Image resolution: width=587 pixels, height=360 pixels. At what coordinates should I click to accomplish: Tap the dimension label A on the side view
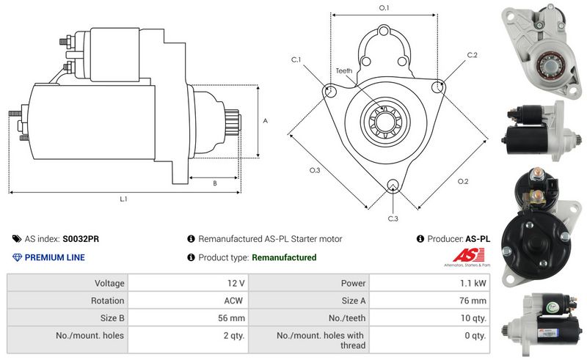(x=265, y=121)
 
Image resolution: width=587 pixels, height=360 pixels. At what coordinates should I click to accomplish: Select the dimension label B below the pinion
(x=214, y=183)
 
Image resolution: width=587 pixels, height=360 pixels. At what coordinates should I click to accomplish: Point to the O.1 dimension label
(x=384, y=7)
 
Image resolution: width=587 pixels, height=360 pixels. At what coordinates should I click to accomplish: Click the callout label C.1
(x=296, y=59)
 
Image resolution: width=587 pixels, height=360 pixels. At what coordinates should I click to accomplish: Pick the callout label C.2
(x=472, y=55)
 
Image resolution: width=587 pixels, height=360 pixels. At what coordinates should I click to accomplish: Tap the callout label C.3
(x=393, y=218)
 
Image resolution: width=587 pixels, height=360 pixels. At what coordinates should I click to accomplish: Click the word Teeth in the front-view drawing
(x=344, y=70)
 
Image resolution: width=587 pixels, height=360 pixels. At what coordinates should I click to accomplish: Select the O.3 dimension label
(x=315, y=170)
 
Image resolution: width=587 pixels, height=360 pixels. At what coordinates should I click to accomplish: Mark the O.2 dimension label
(x=463, y=181)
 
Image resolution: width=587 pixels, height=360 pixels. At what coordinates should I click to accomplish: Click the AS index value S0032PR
(x=81, y=239)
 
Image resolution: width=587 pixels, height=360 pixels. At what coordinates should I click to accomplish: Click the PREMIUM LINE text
(x=54, y=257)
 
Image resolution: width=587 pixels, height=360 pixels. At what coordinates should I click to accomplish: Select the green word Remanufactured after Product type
(x=284, y=257)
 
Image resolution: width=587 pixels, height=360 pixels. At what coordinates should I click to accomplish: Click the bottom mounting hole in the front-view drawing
(x=393, y=185)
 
